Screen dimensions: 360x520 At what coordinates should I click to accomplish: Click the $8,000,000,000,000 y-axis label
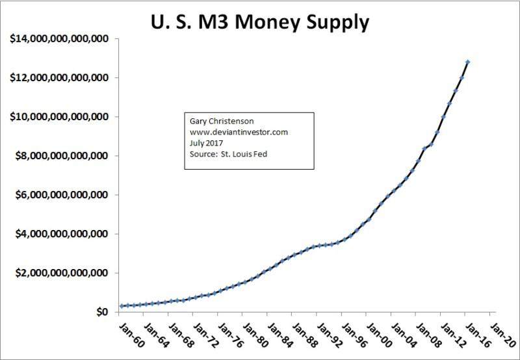60,156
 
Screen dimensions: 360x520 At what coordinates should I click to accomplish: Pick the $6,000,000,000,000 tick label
60,195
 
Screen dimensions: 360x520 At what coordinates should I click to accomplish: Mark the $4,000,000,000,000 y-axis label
60,234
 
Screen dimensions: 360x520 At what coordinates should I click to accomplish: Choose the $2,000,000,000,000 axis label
60,273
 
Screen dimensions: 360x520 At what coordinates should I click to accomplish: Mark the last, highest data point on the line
468,62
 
